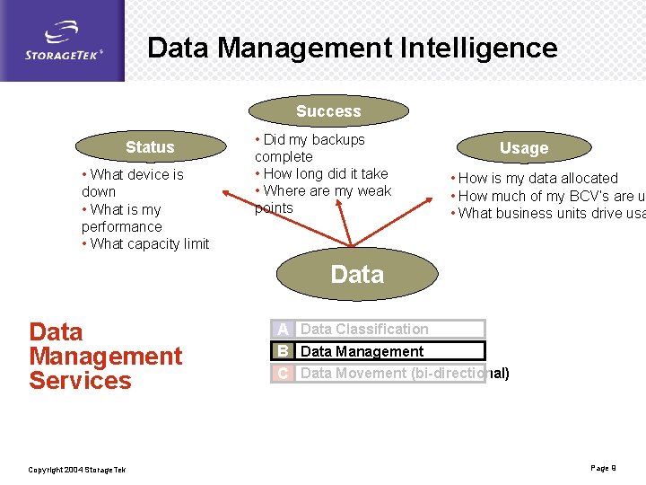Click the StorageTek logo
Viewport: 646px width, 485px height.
pyautogui.click(x=62, y=41)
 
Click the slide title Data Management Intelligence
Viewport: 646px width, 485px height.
pyautogui.click(x=352, y=48)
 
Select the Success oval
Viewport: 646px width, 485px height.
pyautogui.click(x=328, y=111)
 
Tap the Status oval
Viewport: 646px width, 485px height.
pyautogui.click(x=150, y=147)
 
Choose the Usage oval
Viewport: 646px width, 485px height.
pyautogui.click(x=523, y=148)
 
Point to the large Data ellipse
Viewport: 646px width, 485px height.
pyautogui.click(x=356, y=274)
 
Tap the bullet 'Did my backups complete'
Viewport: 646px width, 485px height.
pyautogui.click(x=310, y=148)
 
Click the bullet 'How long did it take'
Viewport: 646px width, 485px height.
pyautogui.click(x=324, y=173)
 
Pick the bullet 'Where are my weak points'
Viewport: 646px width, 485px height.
pyautogui.click(x=323, y=199)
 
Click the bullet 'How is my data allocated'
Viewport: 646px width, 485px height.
pyautogui.click(x=537, y=178)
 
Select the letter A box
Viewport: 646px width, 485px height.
pyautogui.click(x=283, y=330)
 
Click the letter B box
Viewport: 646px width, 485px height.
pyautogui.click(x=283, y=351)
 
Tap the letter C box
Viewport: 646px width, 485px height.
pyautogui.click(x=283, y=373)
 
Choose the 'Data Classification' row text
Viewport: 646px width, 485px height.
pyautogui.click(x=364, y=330)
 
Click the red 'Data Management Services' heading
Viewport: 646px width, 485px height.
pyautogui.click(x=105, y=356)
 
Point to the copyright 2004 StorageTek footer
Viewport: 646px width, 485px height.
pyautogui.click(x=77, y=470)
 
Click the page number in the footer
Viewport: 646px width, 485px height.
pyautogui.click(x=603, y=468)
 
